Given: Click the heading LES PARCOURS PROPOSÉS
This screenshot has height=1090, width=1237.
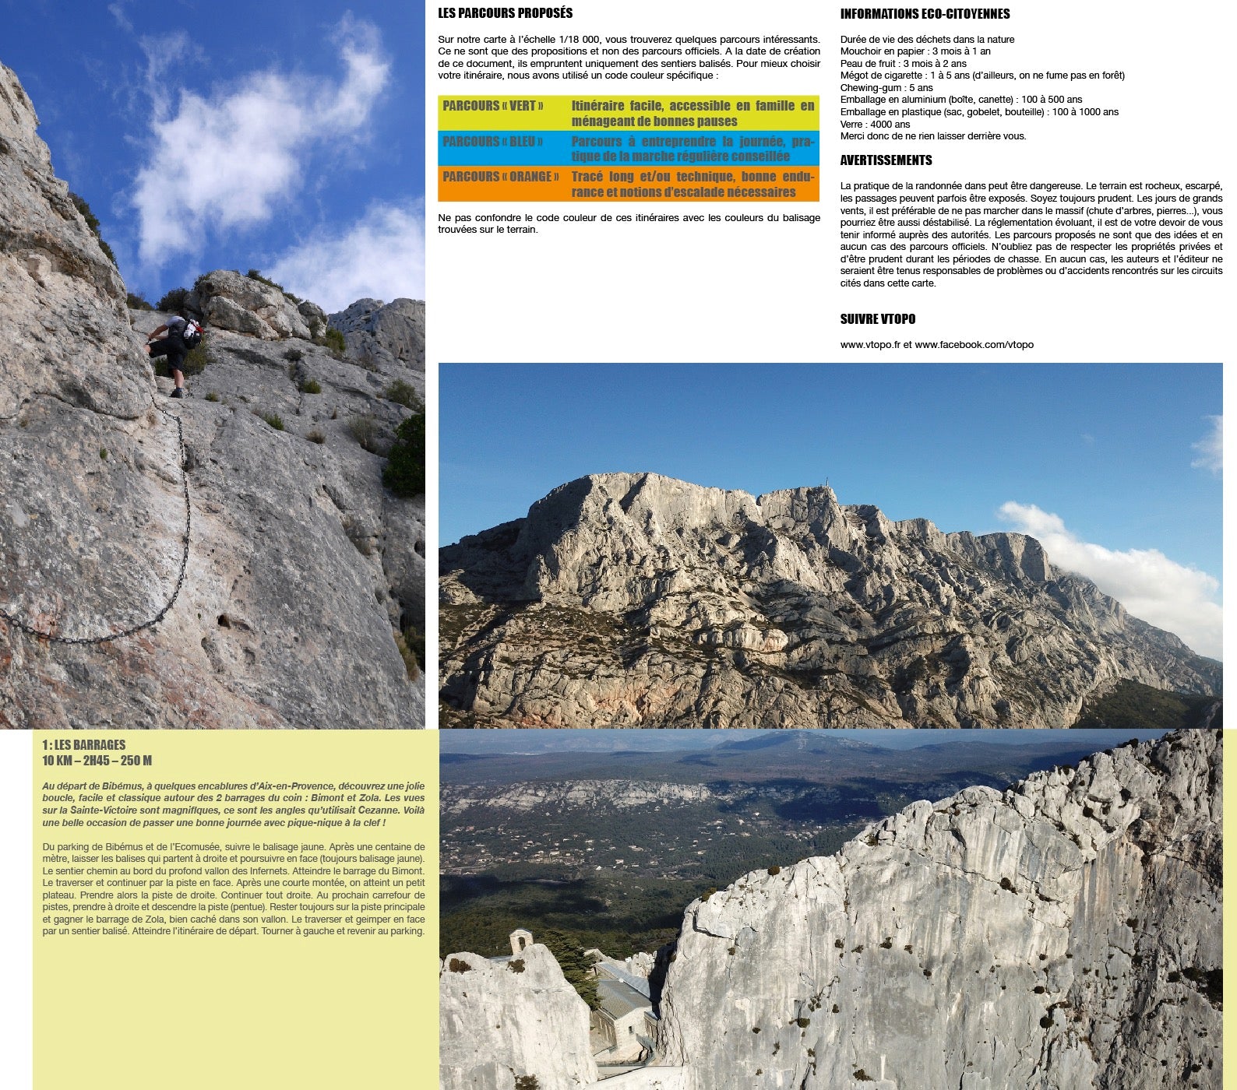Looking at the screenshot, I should [505, 13].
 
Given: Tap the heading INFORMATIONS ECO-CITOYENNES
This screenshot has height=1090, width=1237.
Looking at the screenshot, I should [925, 14].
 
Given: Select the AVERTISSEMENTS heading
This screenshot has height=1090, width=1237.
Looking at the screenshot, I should [886, 160].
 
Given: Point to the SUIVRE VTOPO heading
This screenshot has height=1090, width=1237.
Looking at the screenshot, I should [877, 319].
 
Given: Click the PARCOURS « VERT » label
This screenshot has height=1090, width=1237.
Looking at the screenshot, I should [493, 106].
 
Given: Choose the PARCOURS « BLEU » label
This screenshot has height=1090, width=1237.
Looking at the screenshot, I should [492, 142].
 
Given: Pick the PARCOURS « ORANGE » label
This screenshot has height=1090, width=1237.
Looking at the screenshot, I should [500, 177].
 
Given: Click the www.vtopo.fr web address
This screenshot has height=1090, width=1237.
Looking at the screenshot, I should [870, 345].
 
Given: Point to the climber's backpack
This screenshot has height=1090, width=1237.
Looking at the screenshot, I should [190, 332].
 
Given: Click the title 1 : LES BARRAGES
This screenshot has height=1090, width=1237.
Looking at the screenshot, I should [83, 745].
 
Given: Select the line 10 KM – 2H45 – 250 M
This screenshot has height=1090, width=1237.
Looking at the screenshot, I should [97, 761].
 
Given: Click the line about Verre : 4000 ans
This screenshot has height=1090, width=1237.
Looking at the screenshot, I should [875, 124].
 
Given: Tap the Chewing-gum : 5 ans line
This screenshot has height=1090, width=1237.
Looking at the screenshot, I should [886, 88].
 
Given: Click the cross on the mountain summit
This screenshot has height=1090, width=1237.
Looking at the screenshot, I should [827, 490].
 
